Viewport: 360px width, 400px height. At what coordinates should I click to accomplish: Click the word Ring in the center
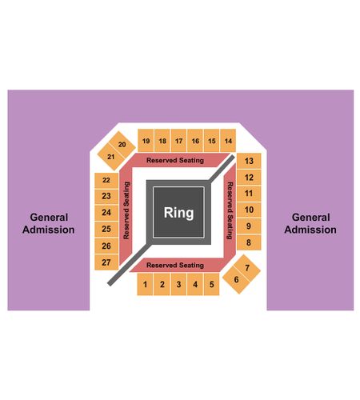coord(178,213)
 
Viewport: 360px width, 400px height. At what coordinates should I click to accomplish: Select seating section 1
coord(145,284)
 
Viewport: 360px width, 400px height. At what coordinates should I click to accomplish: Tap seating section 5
coord(212,284)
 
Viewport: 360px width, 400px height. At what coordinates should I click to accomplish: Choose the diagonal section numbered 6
coord(236,279)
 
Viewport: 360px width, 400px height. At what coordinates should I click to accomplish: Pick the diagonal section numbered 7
coord(247,267)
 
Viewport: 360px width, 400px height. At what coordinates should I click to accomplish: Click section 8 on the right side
coord(249,242)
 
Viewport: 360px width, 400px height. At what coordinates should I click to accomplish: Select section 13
coord(249,161)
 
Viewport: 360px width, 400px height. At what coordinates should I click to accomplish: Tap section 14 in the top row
coord(228,141)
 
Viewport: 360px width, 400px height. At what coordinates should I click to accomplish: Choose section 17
coord(179,141)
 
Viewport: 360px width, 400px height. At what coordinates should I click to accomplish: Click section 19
coord(146,141)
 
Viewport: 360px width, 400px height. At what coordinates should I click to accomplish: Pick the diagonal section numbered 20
coord(122,144)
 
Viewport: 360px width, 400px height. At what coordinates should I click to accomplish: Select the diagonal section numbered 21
coord(111,157)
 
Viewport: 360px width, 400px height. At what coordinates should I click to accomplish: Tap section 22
coord(106,180)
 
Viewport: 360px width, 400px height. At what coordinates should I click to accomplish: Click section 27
coord(106,262)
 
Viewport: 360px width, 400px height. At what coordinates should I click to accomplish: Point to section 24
coord(106,213)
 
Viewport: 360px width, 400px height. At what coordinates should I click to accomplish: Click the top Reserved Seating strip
coord(175,160)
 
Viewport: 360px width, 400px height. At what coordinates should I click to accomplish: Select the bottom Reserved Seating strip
coord(175,265)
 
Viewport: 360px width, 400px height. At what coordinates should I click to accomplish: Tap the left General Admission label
coord(49,223)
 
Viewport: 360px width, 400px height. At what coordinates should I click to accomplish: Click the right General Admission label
coord(310,223)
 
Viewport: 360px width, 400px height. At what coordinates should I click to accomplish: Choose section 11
coord(249,194)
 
